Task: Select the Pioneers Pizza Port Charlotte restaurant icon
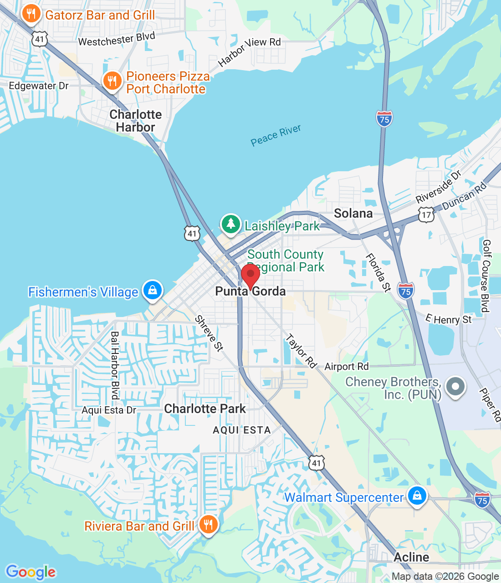pyautogui.click(x=112, y=81)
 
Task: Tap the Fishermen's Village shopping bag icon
pyautogui.click(x=153, y=290)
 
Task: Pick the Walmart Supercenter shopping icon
pyautogui.click(x=417, y=496)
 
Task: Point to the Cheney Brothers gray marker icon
pyautogui.click(x=455, y=387)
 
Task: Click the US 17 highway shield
pyautogui.click(x=426, y=215)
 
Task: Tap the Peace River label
pyautogui.click(x=276, y=135)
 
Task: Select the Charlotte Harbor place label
pyautogui.click(x=136, y=121)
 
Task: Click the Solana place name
pyautogui.click(x=353, y=213)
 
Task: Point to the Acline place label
pyautogui.click(x=411, y=557)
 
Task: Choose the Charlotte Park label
pyautogui.click(x=205, y=409)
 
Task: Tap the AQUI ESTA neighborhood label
pyautogui.click(x=242, y=430)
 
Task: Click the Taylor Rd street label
pyautogui.click(x=301, y=351)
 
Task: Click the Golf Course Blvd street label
pyautogui.click(x=486, y=276)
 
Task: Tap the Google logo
pyautogui.click(x=31, y=572)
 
